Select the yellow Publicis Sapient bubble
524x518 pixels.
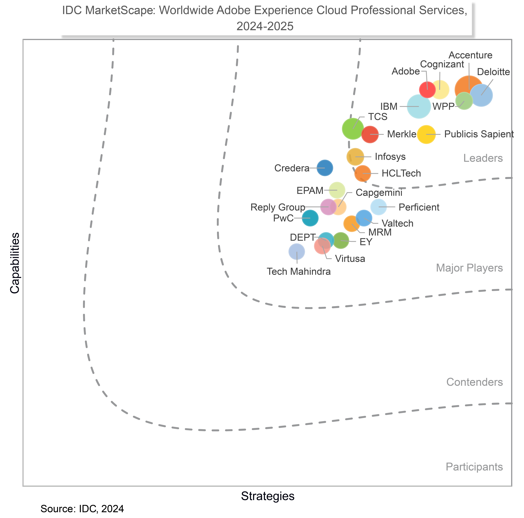426,134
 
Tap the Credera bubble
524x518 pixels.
325,168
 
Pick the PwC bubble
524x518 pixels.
310,218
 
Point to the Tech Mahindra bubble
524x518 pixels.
297,252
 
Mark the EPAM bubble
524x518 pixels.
337,190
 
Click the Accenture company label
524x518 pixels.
470,55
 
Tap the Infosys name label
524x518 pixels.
390,157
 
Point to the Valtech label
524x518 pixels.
397,223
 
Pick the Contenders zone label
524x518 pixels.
474,382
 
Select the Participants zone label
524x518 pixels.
474,467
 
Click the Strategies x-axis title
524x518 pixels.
267,496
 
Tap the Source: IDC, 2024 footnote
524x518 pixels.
82,509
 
